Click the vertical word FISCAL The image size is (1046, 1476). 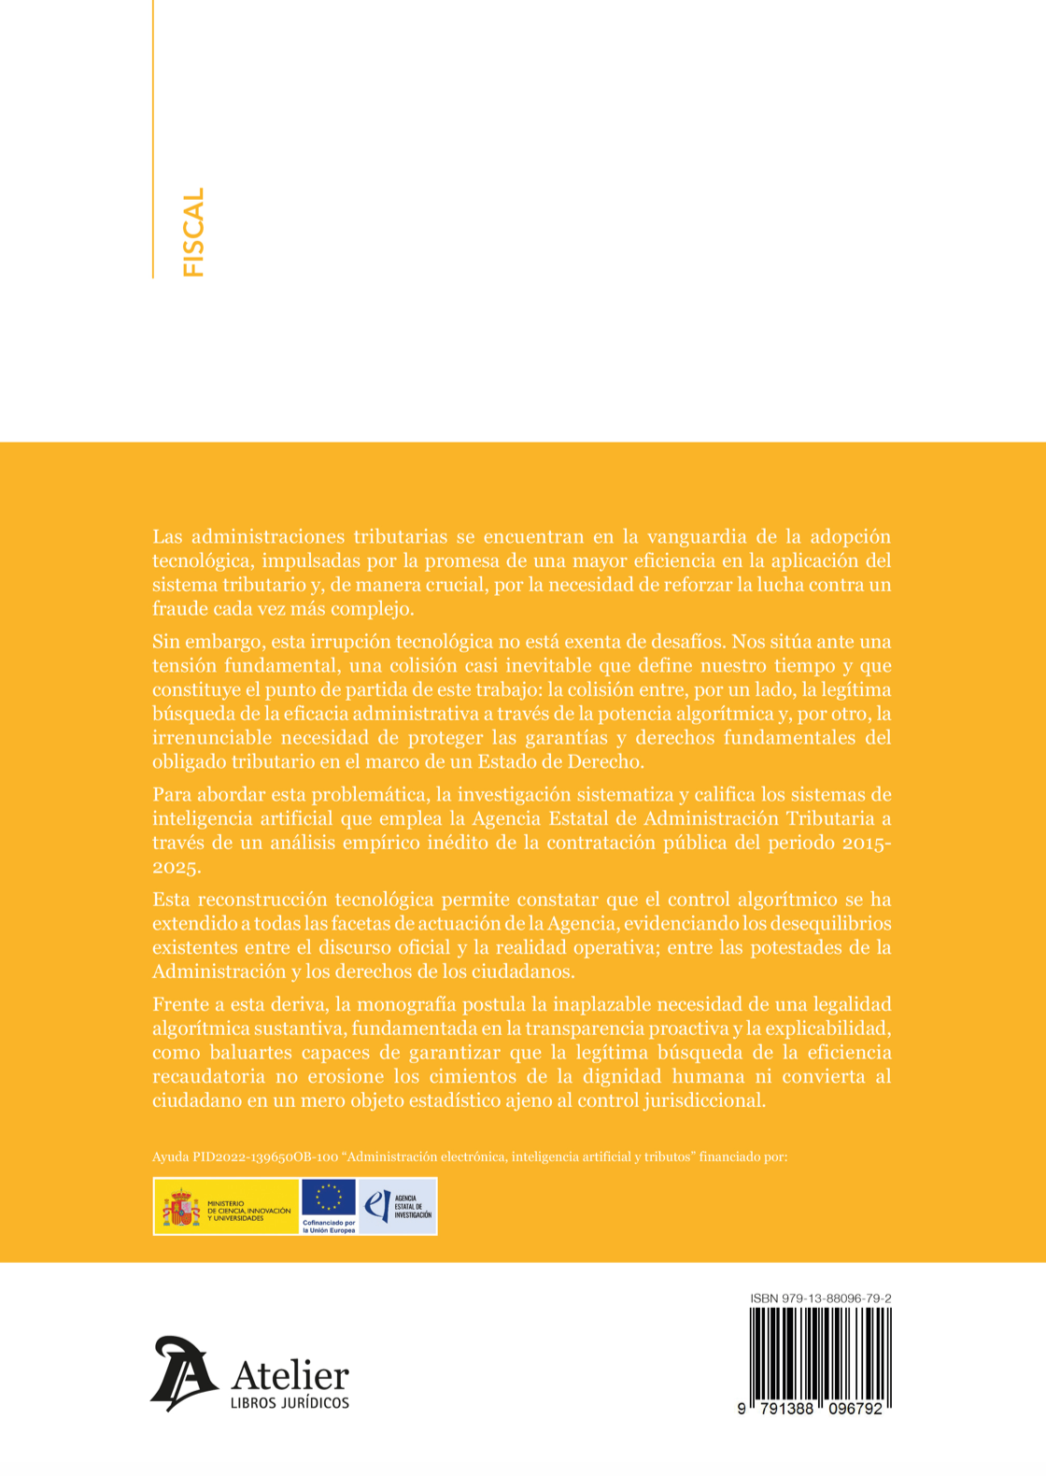(193, 233)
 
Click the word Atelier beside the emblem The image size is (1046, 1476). (290, 1375)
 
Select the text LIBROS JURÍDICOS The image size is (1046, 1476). (290, 1403)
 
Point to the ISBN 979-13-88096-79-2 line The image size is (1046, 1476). (820, 1299)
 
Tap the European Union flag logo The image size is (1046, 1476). (329, 1197)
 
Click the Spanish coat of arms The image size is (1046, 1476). (181, 1207)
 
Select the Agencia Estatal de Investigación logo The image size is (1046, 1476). (398, 1206)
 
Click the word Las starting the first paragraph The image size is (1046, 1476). (168, 537)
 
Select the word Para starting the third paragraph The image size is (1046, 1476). (172, 795)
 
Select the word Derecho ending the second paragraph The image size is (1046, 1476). (607, 761)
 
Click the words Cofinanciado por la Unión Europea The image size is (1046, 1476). (329, 1227)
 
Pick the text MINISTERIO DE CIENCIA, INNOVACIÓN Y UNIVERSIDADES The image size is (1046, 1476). (248, 1211)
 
